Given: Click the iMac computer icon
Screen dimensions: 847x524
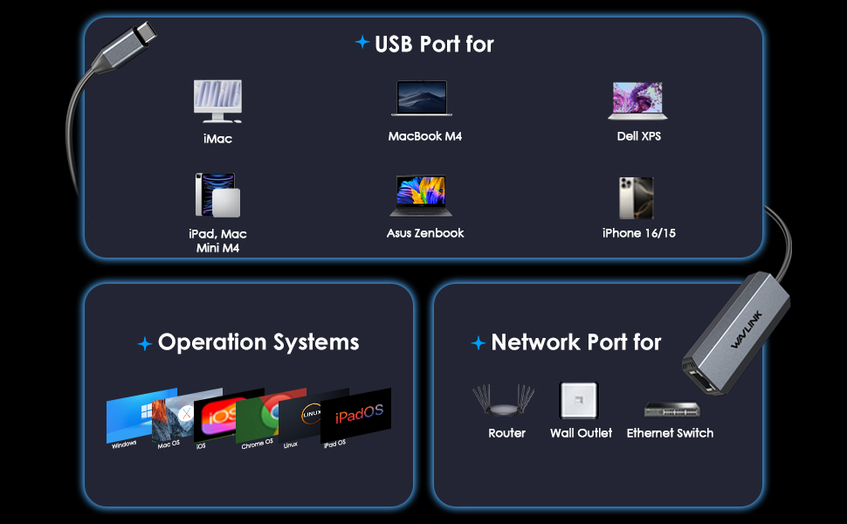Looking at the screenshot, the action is (x=217, y=101).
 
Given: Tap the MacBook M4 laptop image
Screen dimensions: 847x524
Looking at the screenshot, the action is (x=422, y=99).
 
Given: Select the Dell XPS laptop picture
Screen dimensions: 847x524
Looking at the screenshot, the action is (x=637, y=100).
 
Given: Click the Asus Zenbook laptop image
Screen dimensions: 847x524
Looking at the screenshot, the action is (x=421, y=196).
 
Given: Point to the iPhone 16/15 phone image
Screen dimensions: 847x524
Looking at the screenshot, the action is (x=637, y=197).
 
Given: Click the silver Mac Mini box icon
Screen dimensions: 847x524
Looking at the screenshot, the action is (x=226, y=203).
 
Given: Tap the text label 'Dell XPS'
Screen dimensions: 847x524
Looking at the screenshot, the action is (x=639, y=136).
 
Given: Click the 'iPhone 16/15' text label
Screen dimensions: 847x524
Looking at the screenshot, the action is (x=639, y=233).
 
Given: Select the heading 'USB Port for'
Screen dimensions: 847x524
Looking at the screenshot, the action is (x=434, y=45).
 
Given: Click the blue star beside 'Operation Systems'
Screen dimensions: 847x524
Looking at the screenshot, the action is (x=145, y=343).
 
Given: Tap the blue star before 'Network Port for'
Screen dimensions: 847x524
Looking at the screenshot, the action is (x=478, y=342).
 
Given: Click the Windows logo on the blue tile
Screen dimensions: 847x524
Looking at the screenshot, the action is (x=147, y=411).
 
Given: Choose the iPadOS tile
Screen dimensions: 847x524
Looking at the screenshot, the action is (x=355, y=415).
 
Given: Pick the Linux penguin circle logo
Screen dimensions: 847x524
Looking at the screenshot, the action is (x=311, y=414).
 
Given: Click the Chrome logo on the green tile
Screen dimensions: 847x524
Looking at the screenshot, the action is (x=270, y=413).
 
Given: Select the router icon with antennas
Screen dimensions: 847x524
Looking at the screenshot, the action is (x=504, y=400).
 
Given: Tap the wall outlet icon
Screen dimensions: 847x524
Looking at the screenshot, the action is (x=579, y=401).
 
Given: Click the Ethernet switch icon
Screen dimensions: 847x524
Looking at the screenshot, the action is (x=672, y=409).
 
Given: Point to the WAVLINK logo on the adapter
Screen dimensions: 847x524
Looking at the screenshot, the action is (x=746, y=329).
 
